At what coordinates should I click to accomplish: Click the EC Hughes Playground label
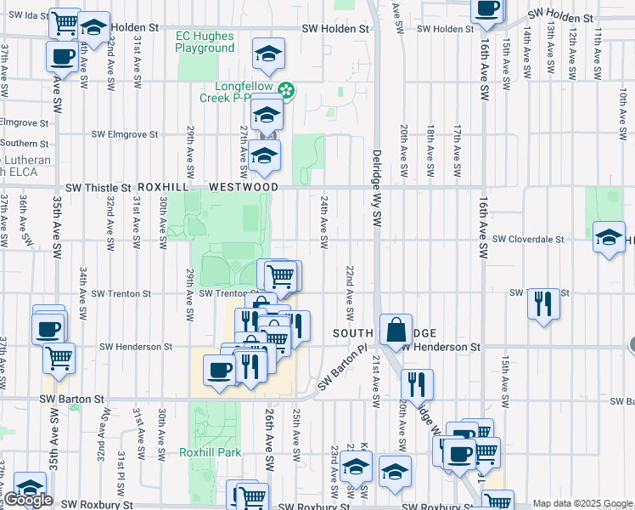[205, 42]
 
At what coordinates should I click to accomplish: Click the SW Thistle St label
[98, 187]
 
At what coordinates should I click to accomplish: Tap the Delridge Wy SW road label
[377, 188]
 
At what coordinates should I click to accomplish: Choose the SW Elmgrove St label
[125, 134]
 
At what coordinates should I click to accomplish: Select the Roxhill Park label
[206, 453]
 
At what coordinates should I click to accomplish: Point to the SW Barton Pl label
[341, 368]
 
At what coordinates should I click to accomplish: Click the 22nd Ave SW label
[349, 288]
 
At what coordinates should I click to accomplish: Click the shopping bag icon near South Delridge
[396, 330]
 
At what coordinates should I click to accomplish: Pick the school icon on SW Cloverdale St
[609, 237]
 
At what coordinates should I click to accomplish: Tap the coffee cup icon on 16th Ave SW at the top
[487, 8]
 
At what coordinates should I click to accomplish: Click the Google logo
[28, 500]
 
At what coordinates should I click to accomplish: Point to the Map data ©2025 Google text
[582, 503]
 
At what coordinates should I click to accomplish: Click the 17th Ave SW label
[457, 144]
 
